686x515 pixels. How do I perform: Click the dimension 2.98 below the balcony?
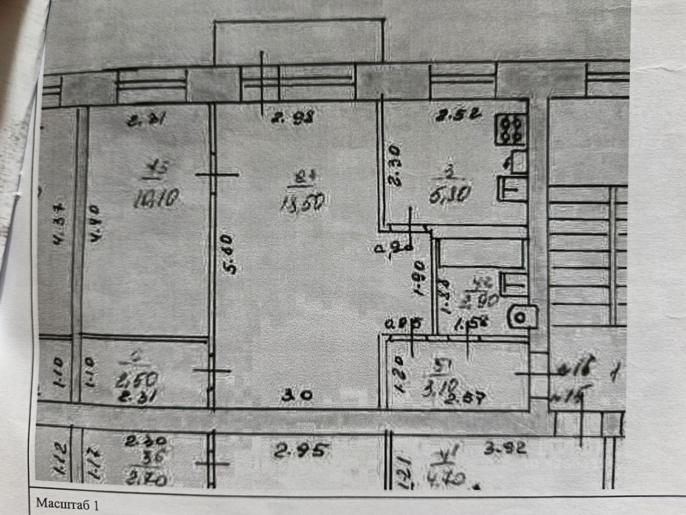[x=292, y=117]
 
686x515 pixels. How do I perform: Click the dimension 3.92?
[x=505, y=447]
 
